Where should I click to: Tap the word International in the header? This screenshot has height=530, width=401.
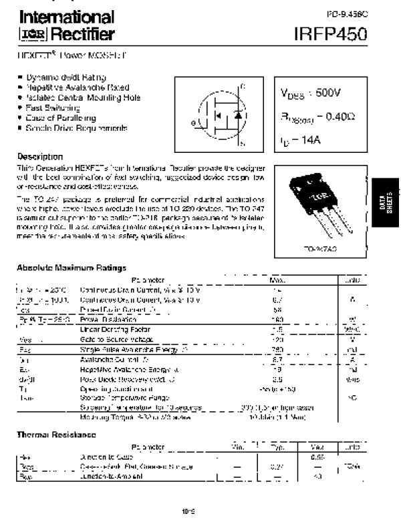pos(65,17)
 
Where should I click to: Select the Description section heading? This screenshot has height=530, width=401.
pos(40,156)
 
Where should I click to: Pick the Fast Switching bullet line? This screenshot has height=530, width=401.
pos(53,107)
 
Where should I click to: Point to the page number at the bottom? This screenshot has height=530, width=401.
pos(187,513)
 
